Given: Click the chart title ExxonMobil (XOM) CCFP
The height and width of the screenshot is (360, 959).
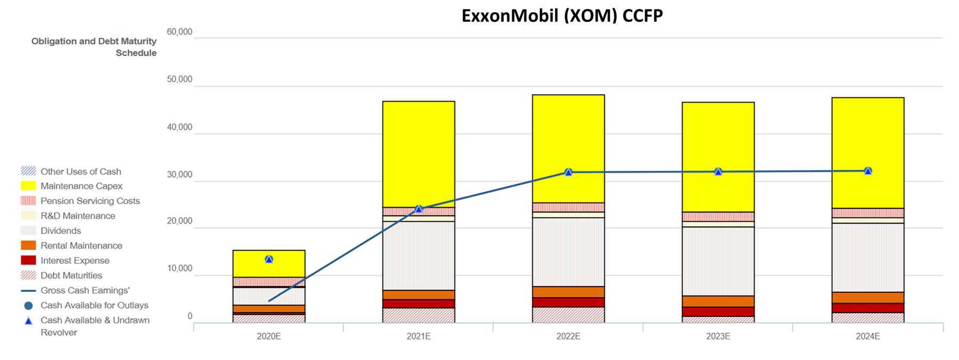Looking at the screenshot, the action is click(562, 16).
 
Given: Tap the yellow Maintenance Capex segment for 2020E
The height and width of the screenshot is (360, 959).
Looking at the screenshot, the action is click(269, 264).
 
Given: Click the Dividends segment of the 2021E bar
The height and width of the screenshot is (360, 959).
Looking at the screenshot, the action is click(419, 256).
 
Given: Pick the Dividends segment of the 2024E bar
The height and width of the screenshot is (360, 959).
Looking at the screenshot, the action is click(868, 258).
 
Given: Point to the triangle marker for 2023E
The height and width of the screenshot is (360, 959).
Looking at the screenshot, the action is click(718, 171).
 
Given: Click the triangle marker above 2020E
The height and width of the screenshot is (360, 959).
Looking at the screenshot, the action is click(269, 259).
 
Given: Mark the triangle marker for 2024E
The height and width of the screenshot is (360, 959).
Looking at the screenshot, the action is click(868, 171).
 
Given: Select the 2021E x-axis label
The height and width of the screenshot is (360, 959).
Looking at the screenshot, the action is click(419, 337).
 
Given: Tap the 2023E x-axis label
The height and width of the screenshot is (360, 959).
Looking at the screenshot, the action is click(718, 337).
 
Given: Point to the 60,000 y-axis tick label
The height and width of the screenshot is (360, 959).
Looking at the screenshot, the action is click(180, 32).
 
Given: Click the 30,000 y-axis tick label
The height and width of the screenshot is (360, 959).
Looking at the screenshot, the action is click(180, 175).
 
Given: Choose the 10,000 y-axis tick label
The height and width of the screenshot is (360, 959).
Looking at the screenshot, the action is click(180, 268).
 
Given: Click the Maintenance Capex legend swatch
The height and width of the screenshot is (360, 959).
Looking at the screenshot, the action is click(28, 186).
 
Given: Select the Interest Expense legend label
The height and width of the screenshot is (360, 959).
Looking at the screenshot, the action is click(75, 260).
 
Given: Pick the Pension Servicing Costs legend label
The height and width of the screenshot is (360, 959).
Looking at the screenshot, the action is click(90, 201).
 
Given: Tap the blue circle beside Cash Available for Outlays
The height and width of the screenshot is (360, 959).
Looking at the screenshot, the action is click(29, 306).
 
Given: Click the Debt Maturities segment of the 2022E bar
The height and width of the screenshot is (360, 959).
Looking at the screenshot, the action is click(568, 315).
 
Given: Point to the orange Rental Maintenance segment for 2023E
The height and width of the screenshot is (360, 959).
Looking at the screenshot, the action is click(718, 301).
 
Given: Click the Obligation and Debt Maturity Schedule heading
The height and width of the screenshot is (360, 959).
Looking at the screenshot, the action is click(94, 47).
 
